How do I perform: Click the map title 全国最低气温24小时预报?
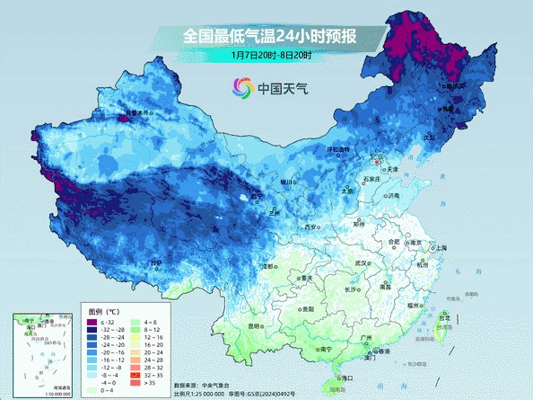[x=270, y=36]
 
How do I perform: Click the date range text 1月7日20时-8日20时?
[x=270, y=56]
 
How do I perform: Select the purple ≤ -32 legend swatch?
[x=92, y=322]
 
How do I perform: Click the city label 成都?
[x=267, y=266]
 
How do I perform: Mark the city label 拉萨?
[x=156, y=263]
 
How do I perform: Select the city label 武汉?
[x=362, y=262]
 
